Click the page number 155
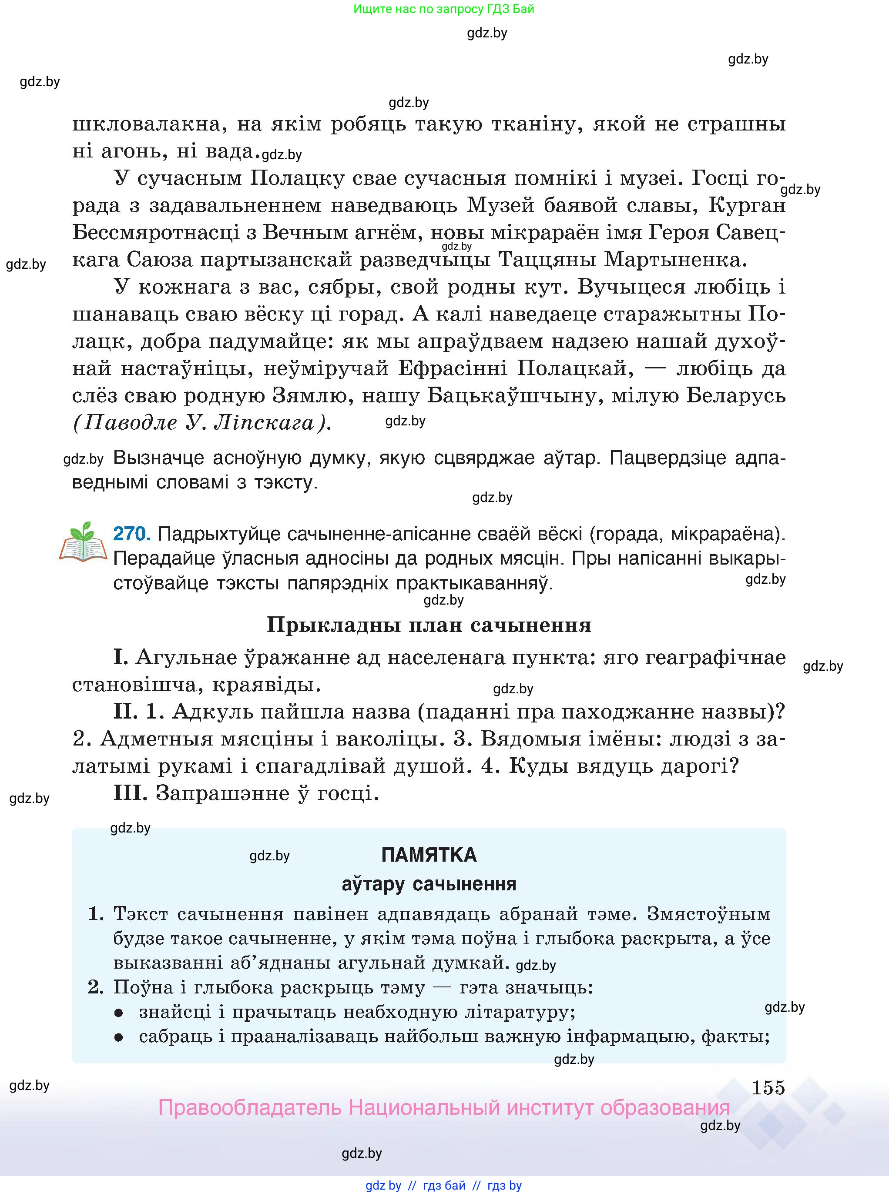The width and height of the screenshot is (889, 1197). point(768,1087)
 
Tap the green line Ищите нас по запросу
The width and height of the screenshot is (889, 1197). point(443,9)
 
